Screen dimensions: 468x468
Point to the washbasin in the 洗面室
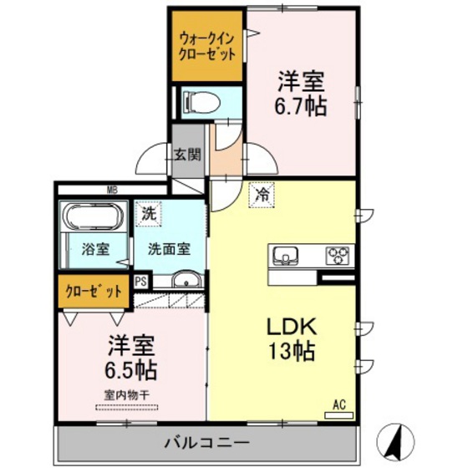(x=186, y=281)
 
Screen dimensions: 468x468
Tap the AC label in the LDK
(x=338, y=404)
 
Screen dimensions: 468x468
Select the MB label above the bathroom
(x=112, y=190)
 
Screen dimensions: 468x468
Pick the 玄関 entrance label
(x=187, y=154)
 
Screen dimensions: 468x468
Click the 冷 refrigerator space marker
(x=262, y=196)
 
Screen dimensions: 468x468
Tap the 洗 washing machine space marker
(x=148, y=214)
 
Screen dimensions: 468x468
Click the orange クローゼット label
(x=94, y=292)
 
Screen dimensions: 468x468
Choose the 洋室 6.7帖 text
(x=302, y=94)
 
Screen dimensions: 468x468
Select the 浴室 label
(x=94, y=248)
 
